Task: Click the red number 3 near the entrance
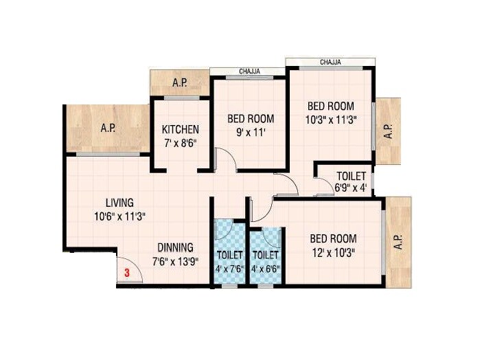point(127,273)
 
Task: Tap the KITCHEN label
point(181,129)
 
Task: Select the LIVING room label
point(119,203)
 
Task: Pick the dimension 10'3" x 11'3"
point(330,120)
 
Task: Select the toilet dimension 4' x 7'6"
point(229,269)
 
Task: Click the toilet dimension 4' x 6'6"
point(266,269)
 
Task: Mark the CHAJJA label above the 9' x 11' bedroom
point(248,71)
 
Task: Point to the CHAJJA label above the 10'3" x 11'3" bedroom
point(332,63)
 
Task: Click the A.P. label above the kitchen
point(180,83)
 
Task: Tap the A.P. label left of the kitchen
point(108,128)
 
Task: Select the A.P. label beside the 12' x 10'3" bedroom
point(399,243)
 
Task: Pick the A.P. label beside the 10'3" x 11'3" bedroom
point(388,131)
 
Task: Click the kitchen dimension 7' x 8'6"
point(181,143)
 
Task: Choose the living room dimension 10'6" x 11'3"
point(119,216)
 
